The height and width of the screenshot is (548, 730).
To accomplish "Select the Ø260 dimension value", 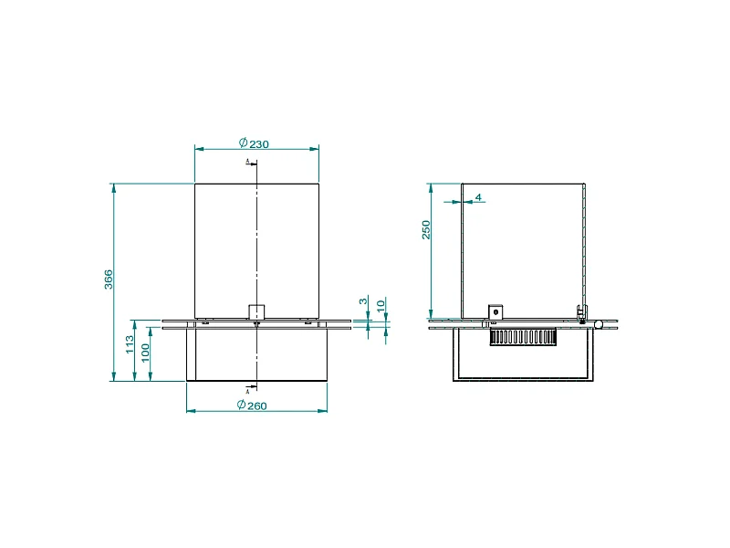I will click(x=252, y=406).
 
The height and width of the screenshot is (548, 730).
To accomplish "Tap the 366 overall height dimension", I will click(x=109, y=280).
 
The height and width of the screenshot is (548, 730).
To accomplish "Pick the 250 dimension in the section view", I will click(x=425, y=230).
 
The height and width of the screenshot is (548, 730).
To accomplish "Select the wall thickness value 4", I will click(x=477, y=197).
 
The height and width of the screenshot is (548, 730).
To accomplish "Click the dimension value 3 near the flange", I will click(x=363, y=301).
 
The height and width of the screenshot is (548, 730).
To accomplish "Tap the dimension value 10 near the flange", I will click(x=381, y=303).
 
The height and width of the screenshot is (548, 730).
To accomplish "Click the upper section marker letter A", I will click(x=248, y=161).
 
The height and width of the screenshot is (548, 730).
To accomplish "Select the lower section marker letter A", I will click(x=247, y=391).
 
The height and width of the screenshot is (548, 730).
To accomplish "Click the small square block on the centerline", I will click(x=256, y=311).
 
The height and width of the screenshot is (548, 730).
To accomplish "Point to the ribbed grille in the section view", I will click(x=523, y=339).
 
